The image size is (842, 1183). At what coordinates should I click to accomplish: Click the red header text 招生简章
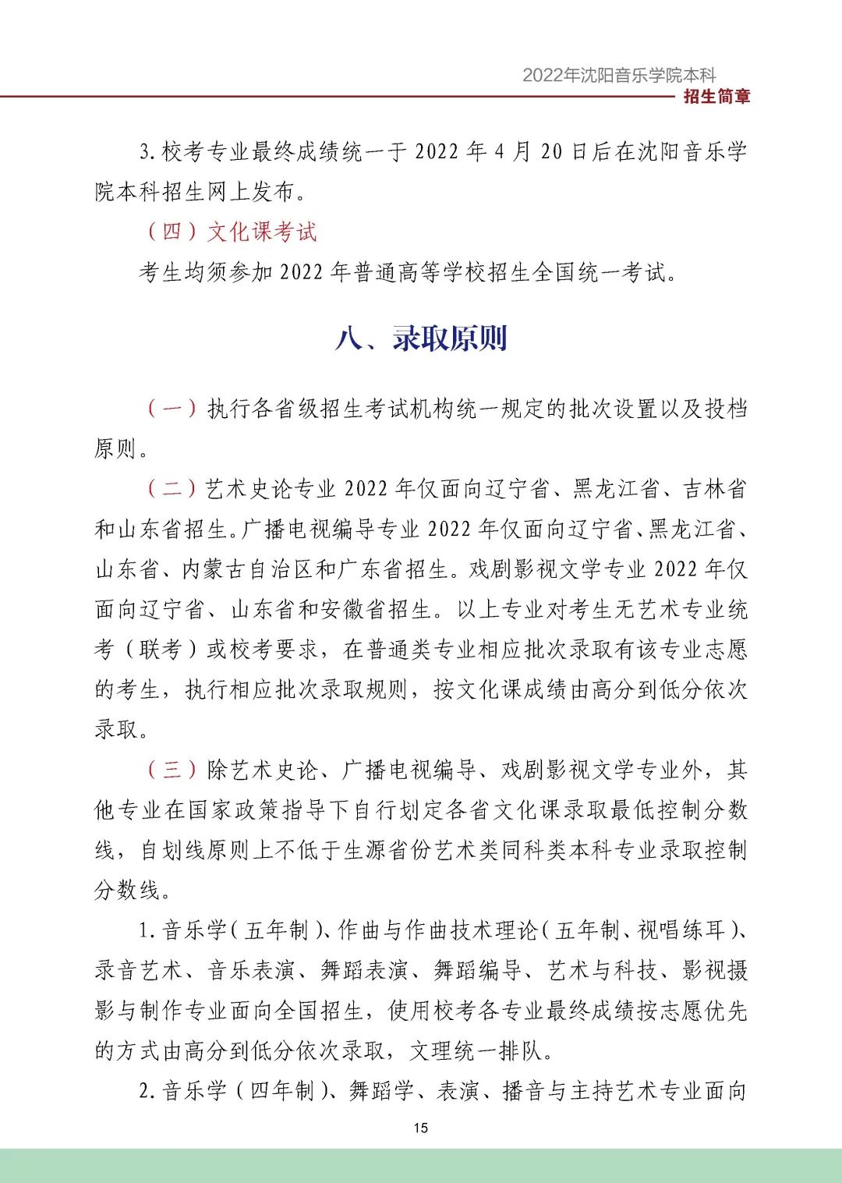(716, 97)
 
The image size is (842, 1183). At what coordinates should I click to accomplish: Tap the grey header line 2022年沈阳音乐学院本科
(618, 75)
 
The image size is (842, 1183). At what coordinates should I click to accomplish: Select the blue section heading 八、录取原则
(421, 338)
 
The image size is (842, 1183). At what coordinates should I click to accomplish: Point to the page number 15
(421, 1128)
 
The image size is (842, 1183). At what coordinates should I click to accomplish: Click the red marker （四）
(172, 232)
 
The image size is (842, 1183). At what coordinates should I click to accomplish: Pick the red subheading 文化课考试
(263, 232)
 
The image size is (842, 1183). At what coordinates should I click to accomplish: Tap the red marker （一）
(172, 409)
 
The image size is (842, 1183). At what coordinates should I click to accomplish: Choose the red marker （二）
(172, 489)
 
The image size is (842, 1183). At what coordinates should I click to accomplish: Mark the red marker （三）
(172, 770)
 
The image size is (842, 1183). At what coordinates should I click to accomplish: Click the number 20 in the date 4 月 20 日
(551, 151)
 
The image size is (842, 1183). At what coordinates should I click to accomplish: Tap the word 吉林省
(715, 489)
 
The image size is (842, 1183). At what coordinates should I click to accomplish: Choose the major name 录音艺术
(139, 970)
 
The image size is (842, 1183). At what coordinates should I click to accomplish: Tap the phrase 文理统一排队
(476, 1050)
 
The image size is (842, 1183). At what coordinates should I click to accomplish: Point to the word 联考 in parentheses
(161, 650)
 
